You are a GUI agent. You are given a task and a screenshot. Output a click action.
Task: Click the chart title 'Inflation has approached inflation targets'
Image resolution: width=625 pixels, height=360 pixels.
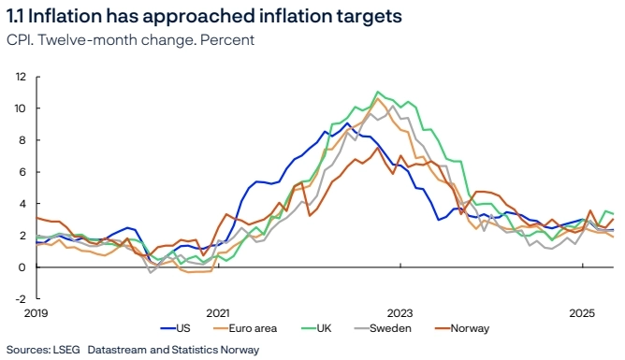click(206, 16)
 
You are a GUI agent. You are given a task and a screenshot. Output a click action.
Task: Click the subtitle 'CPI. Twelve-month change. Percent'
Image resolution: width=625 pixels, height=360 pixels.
click(130, 39)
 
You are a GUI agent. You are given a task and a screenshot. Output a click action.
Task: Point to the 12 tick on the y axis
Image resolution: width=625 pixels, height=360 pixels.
click(21, 77)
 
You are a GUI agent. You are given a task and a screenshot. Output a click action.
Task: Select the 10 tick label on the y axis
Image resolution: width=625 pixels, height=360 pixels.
click(21, 108)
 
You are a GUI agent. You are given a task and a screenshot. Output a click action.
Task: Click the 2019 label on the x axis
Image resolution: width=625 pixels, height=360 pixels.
click(35, 313)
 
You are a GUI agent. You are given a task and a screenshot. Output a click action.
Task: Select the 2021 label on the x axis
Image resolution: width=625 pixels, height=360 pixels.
click(217, 313)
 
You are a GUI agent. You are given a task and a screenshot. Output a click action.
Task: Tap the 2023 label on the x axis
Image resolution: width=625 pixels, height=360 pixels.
click(400, 313)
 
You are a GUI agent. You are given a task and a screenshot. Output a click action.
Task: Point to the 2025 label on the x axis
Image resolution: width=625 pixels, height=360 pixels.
click(582, 313)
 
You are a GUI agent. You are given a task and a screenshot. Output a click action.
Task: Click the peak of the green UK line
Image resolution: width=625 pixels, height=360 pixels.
click(377, 92)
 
